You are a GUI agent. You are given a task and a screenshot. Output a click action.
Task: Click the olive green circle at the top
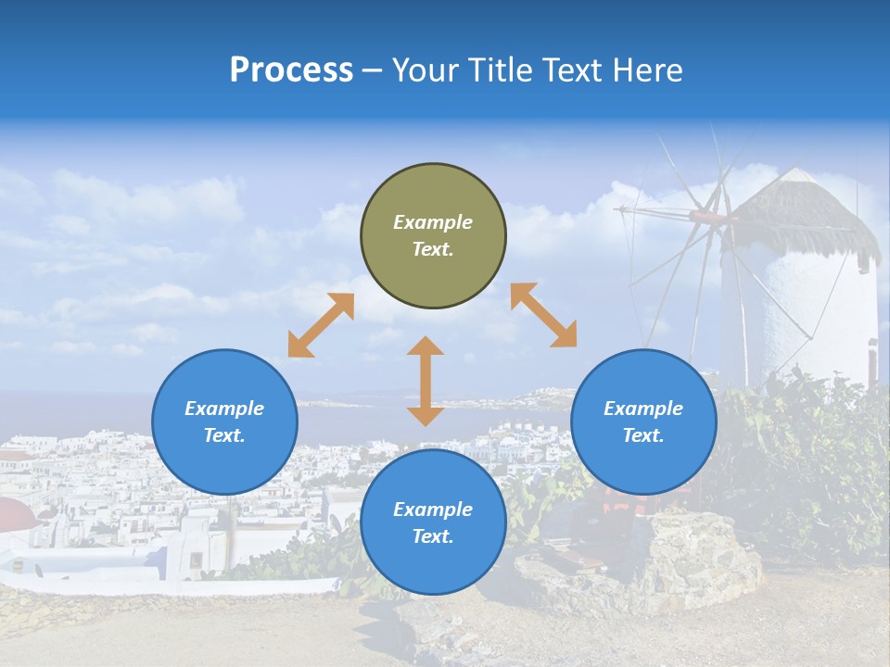(433, 235)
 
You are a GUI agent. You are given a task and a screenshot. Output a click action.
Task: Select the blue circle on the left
(224, 422)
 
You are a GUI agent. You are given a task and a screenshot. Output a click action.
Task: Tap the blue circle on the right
(643, 422)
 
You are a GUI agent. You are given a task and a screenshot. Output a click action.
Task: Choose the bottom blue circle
(433, 522)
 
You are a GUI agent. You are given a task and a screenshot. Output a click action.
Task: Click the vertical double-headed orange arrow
(426, 381)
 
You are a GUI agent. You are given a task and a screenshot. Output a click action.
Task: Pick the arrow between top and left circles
(321, 325)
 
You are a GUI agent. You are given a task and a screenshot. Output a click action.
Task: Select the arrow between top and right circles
(543, 315)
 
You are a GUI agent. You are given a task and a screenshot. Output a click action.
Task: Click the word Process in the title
(291, 70)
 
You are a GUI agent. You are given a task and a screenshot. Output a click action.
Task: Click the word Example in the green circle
(433, 222)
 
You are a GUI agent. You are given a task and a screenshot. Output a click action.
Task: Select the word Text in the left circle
(224, 435)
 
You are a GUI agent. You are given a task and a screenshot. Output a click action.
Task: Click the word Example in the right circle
(643, 409)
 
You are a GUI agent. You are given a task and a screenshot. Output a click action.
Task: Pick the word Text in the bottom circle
(433, 536)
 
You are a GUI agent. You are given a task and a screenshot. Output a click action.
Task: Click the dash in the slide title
(373, 70)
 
